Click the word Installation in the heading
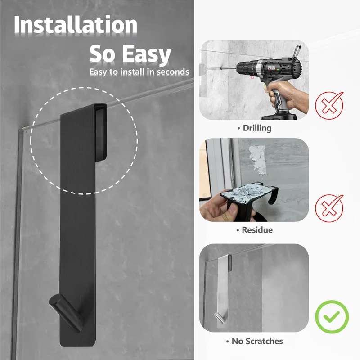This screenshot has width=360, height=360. (x=76, y=25)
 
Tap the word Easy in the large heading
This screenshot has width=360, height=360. (x=147, y=54)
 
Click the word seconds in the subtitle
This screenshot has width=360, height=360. (x=173, y=72)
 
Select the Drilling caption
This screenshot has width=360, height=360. (x=254, y=128)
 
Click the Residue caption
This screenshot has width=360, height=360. (x=255, y=230)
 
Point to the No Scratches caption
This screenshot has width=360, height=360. (x=254, y=341)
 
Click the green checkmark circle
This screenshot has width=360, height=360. (x=332, y=317)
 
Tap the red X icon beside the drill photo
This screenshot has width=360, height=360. (x=329, y=106)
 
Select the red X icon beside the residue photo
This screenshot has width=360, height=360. (x=329, y=208)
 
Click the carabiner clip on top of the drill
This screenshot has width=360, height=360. (x=296, y=51)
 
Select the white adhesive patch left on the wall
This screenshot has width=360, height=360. (x=258, y=160)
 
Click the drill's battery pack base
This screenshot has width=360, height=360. (x=279, y=116)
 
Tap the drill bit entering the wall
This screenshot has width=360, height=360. (x=229, y=68)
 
